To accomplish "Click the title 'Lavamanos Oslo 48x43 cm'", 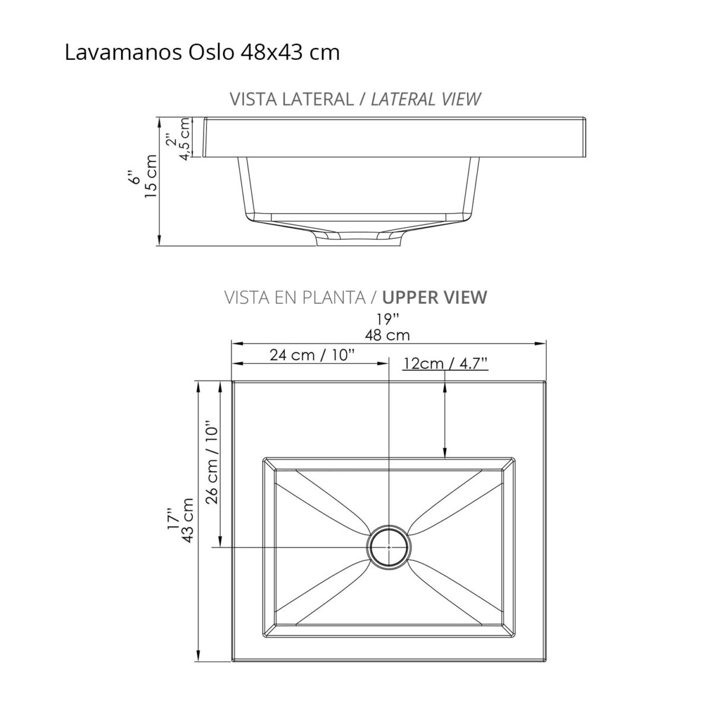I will click(202, 53).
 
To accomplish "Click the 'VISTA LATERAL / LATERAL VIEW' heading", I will click(355, 99).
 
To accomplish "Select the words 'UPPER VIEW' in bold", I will click(435, 297).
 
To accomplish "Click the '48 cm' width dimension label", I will click(387, 335).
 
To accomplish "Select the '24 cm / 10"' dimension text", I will click(312, 355).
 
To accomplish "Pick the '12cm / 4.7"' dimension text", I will click(445, 363).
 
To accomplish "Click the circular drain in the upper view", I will click(388, 546).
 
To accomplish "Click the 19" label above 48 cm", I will click(387, 319).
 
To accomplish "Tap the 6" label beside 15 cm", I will click(135, 177).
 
